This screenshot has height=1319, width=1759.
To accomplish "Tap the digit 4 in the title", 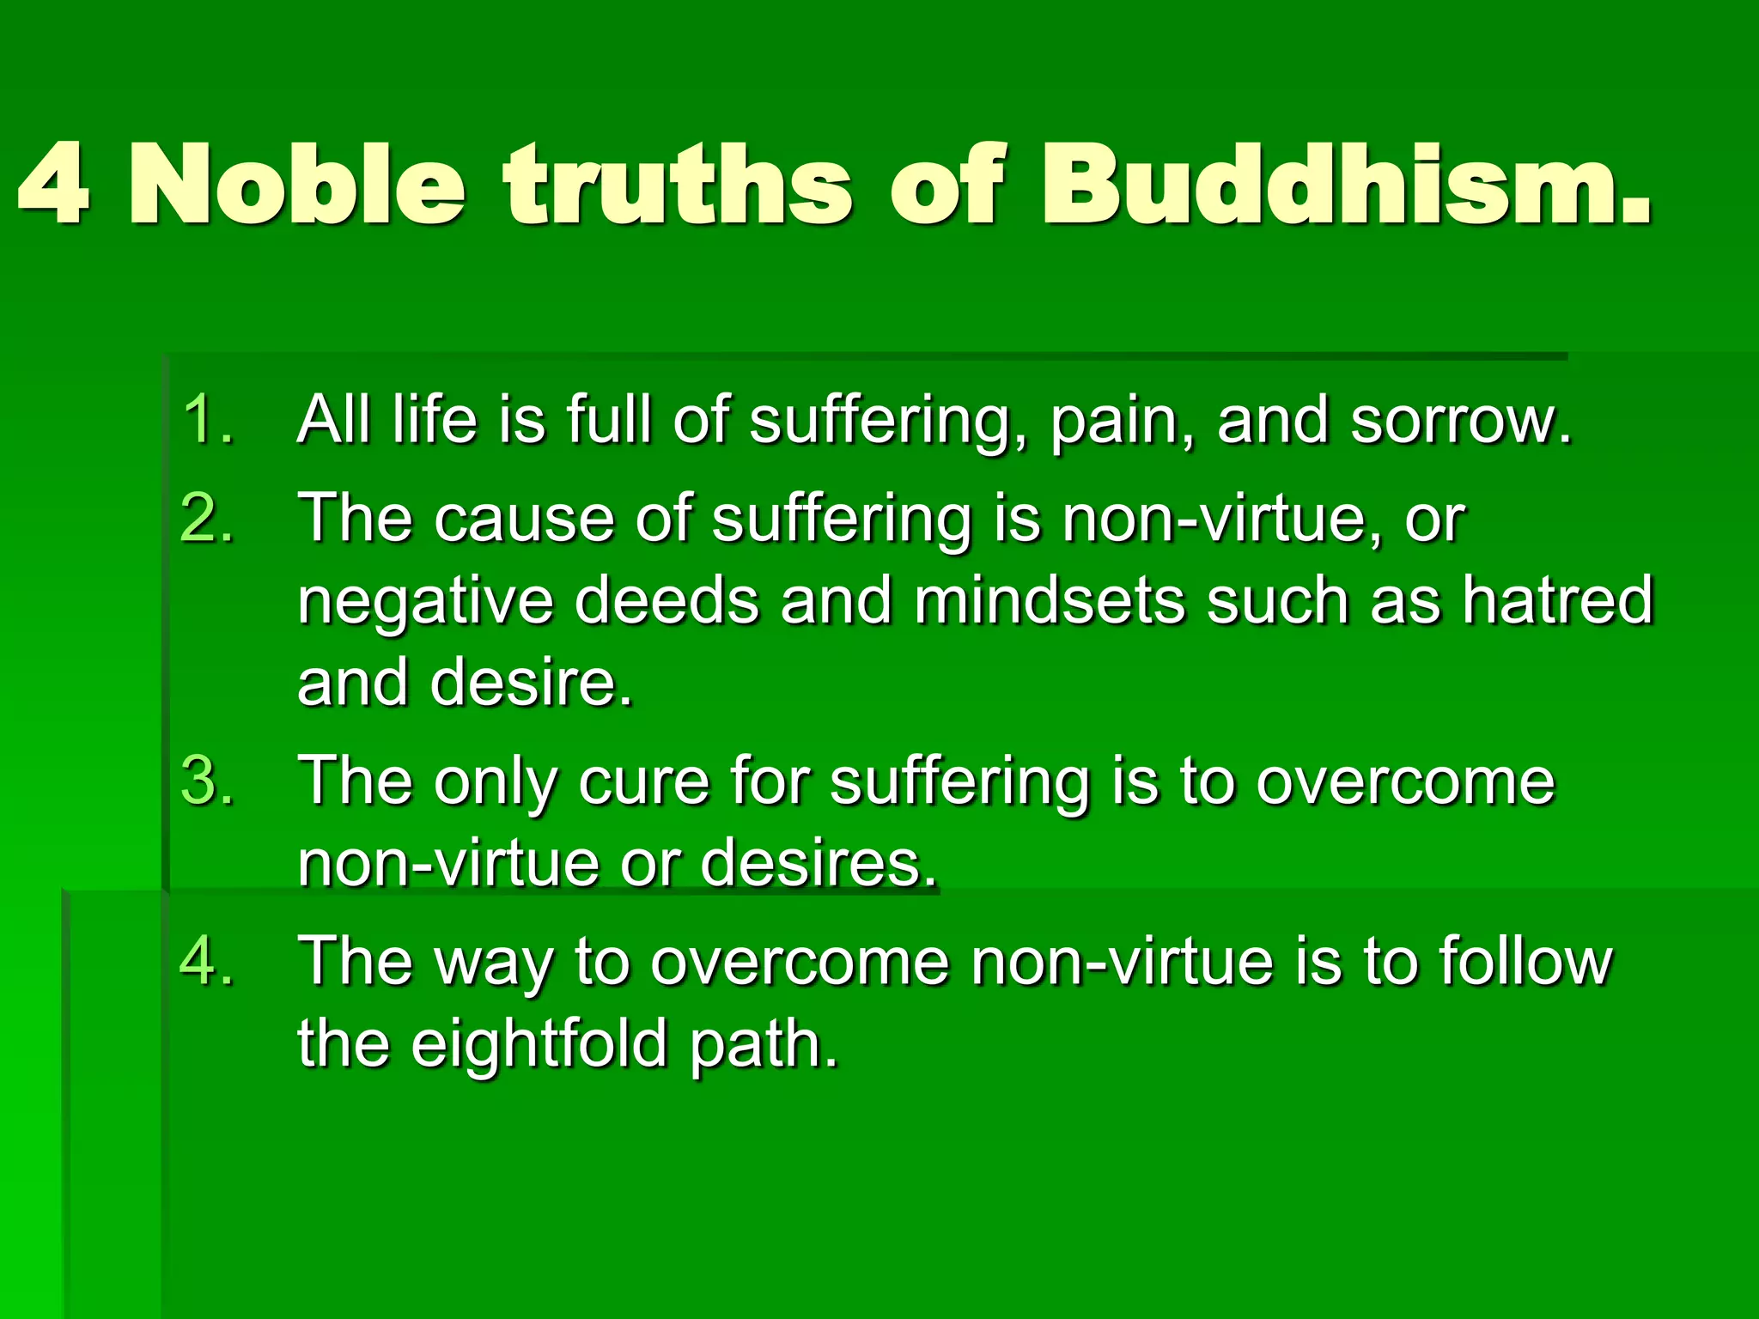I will (53, 185).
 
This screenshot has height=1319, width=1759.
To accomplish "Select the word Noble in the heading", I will (296, 185).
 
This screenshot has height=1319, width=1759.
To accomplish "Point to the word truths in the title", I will (679, 185).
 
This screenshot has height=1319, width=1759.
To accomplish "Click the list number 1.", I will (206, 420).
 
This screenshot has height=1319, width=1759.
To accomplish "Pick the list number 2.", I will (206, 519).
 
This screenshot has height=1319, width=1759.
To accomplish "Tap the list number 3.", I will (206, 781).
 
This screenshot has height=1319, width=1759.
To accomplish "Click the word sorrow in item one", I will (1460, 421).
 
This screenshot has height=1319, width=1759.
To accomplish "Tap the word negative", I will (425, 601).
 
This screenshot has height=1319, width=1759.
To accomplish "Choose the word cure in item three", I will (643, 782).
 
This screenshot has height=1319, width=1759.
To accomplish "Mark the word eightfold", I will (539, 1044).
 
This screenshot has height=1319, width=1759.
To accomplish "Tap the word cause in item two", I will (524, 520).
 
